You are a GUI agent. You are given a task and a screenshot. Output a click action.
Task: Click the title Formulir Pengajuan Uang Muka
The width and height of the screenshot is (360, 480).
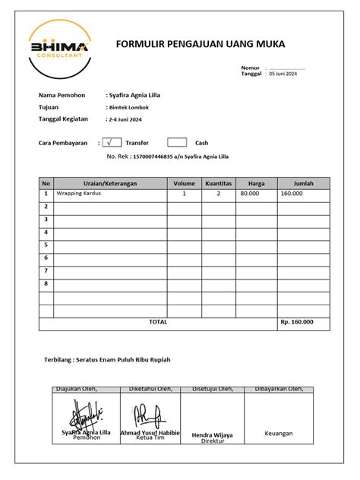[201, 46]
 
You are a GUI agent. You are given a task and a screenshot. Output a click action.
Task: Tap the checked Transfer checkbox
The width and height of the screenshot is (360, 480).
[112, 142]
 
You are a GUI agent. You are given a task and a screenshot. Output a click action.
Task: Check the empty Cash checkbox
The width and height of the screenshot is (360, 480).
[176, 142]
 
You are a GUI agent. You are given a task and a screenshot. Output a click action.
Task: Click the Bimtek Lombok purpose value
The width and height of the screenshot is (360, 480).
[131, 108]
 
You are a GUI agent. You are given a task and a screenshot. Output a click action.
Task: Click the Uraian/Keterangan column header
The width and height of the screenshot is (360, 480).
[110, 183]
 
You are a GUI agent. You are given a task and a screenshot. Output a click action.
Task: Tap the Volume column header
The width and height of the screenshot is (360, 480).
[184, 183]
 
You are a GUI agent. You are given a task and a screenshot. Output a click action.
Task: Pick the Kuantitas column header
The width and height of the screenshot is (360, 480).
[218, 183]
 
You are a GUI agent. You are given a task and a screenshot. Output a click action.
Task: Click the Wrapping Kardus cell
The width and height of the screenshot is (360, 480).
[79, 194]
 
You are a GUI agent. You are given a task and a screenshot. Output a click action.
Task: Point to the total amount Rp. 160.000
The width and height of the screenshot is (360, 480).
[296, 323]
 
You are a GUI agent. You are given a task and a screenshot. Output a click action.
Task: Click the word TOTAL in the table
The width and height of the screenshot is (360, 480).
[158, 322]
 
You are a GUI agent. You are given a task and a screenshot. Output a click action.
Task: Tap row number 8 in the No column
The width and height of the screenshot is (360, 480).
[46, 283]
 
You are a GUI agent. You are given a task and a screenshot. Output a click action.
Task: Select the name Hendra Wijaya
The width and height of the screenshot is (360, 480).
[212, 434]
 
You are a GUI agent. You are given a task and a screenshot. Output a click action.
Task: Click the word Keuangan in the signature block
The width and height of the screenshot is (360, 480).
[278, 434]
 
